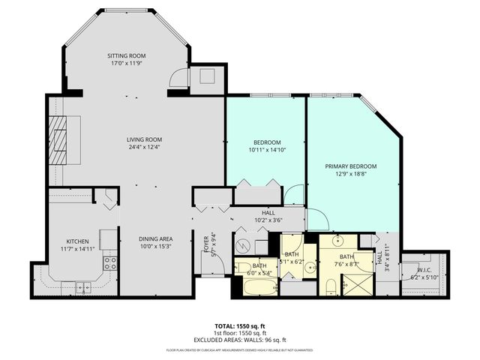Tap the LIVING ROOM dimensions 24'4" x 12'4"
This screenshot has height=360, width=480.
pyautogui.click(x=143, y=147)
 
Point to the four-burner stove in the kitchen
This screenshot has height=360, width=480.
pyautogui.click(x=109, y=262)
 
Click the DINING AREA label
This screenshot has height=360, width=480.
pyautogui.click(x=155, y=238)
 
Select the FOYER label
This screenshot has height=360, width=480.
pyautogui.click(x=207, y=244)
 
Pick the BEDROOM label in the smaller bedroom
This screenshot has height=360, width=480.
pyautogui.click(x=266, y=142)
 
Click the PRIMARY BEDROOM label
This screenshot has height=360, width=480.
pyautogui.click(x=350, y=166)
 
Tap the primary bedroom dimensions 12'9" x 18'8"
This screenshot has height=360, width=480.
pyautogui.click(x=350, y=174)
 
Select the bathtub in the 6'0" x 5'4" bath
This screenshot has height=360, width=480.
pyautogui.click(x=247, y=286)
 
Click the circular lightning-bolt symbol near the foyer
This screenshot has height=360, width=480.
pyautogui.click(x=241, y=245)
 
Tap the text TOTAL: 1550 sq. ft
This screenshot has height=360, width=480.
pyautogui.click(x=240, y=325)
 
